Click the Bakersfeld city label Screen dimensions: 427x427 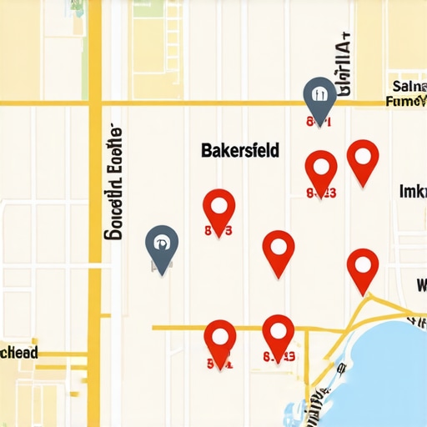coord(240,151)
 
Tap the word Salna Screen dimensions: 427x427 coord(408,85)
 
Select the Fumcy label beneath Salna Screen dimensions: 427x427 coord(407,101)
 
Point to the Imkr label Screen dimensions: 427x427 coord(412,192)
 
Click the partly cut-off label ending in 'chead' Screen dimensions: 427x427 coord(19,353)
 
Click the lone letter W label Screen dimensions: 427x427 coord(420,286)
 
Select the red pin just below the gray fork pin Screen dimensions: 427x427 coord(321,168)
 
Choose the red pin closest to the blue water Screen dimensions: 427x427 coord(363,268)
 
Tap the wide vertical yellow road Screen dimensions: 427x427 coord(95,250)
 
